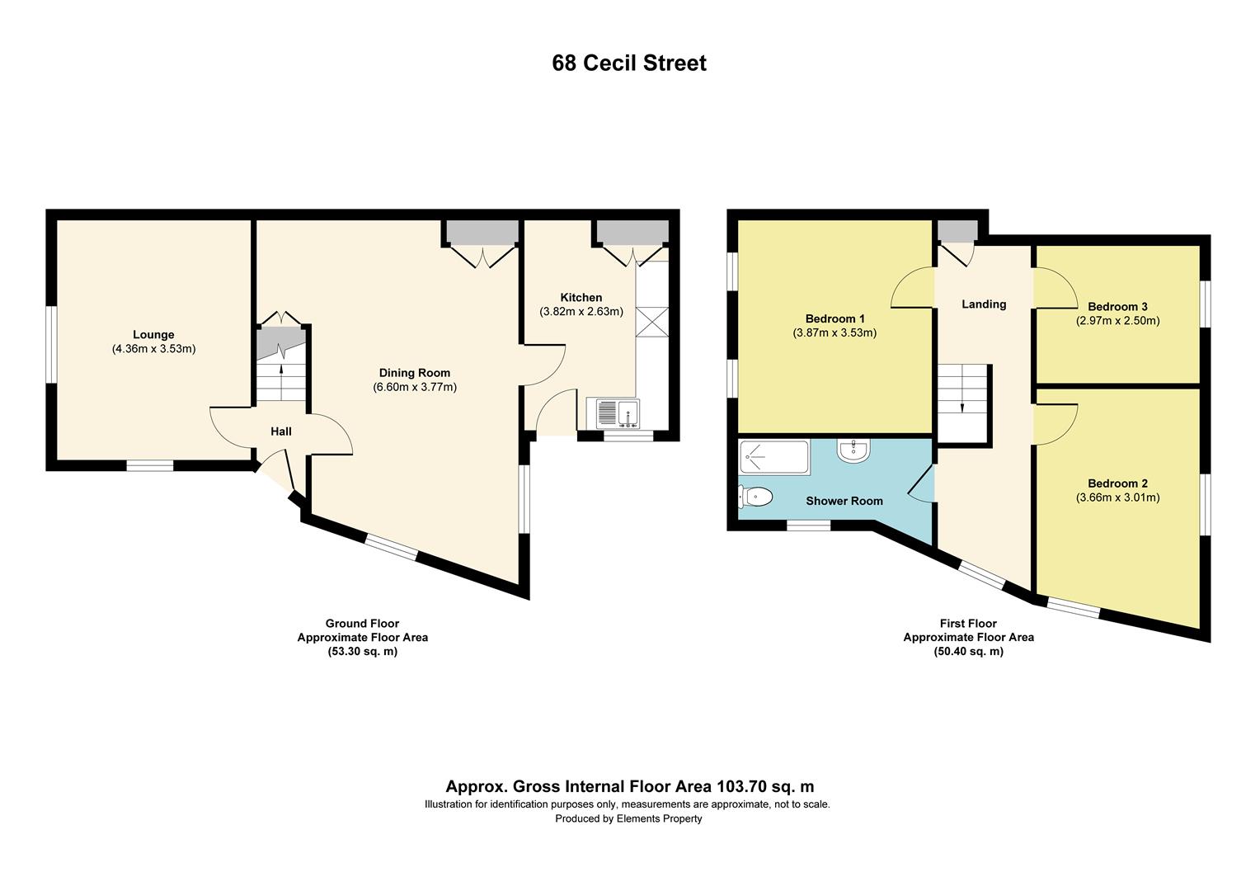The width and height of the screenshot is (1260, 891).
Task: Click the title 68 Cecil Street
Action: pyautogui.click(x=629, y=64)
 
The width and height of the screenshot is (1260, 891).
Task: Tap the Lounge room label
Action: pyautogui.click(x=153, y=334)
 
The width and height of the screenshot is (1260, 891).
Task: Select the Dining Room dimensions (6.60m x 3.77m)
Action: pyautogui.click(x=415, y=387)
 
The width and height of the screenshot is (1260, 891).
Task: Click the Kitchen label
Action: pyautogui.click(x=581, y=297)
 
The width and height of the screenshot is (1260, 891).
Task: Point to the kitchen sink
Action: pyautogui.click(x=614, y=413)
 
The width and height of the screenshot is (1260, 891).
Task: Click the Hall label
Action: pyautogui.click(x=281, y=431)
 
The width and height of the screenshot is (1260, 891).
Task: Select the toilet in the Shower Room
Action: pyautogui.click(x=755, y=497)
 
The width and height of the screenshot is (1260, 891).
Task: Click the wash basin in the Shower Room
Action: pyautogui.click(x=851, y=450)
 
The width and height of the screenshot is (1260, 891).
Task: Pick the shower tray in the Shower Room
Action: pyautogui.click(x=774, y=458)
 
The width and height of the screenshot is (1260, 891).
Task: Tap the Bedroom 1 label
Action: pyautogui.click(x=835, y=318)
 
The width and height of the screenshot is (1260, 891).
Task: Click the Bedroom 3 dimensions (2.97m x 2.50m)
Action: pyautogui.click(x=1117, y=321)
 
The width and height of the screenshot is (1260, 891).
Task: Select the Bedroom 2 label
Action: pyautogui.click(x=1117, y=483)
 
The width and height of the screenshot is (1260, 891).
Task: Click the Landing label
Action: pyautogui.click(x=984, y=304)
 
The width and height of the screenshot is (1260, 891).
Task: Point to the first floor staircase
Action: pyautogui.click(x=962, y=401)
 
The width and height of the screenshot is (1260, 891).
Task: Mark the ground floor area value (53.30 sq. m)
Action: pyautogui.click(x=362, y=652)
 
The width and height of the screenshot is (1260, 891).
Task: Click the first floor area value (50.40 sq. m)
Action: pyautogui.click(x=968, y=652)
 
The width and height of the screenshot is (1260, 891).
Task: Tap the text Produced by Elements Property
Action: pyautogui.click(x=628, y=818)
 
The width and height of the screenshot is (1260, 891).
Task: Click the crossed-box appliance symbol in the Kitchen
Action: pyautogui.click(x=652, y=322)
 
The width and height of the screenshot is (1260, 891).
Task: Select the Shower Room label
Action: pyautogui.click(x=844, y=501)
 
